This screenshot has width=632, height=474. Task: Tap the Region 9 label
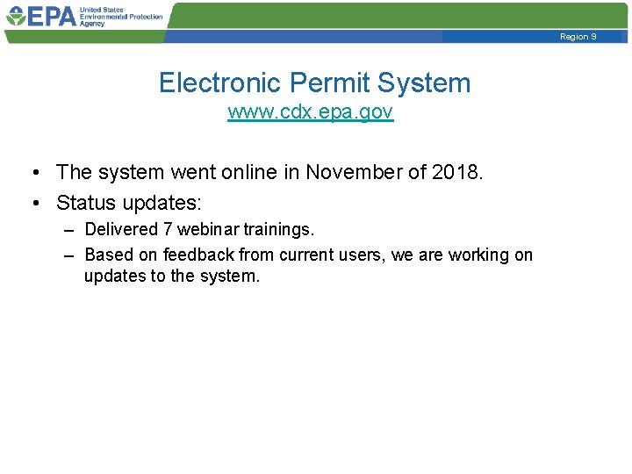point(578,37)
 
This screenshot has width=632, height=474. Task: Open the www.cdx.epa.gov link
point(311,112)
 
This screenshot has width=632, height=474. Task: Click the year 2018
point(457,173)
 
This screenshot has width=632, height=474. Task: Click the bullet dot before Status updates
point(35,204)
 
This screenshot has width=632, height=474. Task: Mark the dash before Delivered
point(69,230)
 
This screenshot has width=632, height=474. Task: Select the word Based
point(104,255)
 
